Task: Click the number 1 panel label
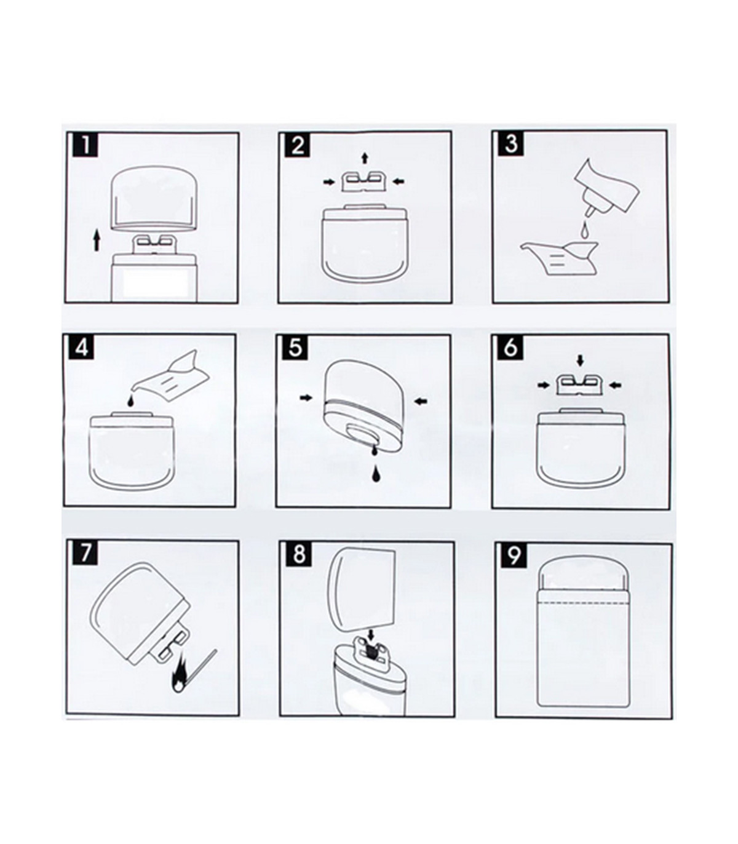pos(85,145)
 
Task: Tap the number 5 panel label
pos(296,348)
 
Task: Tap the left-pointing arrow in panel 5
pos(421,400)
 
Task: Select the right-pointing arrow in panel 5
pos(306,397)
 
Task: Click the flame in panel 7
pos(180,683)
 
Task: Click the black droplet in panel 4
pos(131,400)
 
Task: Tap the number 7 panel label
pos(85,554)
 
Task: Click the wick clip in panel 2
pos(365,181)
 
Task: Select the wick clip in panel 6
pos(581,386)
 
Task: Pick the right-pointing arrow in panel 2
pos(328,182)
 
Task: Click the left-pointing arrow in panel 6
pos(616,385)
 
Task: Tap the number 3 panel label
pos(511,145)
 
